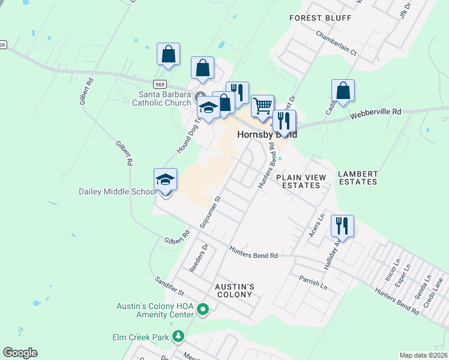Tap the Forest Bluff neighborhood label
pyautogui.click(x=320, y=18)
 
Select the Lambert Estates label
pyautogui.click(x=357, y=178)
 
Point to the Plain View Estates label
pyautogui.click(x=301, y=182)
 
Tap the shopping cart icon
pyautogui.click(x=262, y=106)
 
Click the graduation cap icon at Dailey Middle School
pyautogui.click(x=166, y=179)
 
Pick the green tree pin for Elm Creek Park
pyautogui.click(x=178, y=337)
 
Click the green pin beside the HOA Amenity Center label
pyautogui.click(x=203, y=310)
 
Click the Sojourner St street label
pyautogui.click(x=211, y=211)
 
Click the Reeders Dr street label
pyautogui.click(x=198, y=258)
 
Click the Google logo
pyautogui.click(x=20, y=353)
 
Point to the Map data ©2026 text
pyautogui.click(x=423, y=355)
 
